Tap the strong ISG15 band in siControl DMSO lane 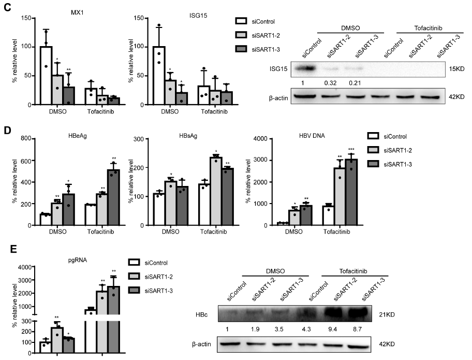tap(312, 68)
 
